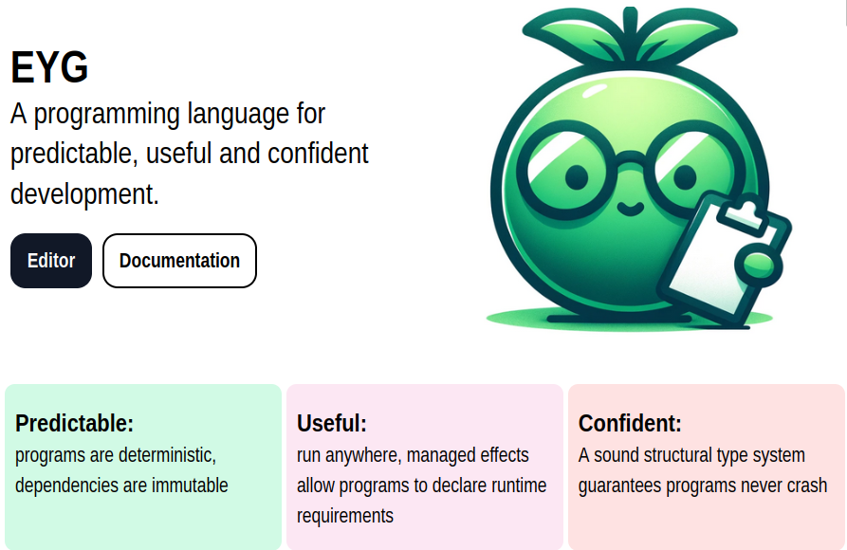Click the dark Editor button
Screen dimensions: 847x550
pos(51,261)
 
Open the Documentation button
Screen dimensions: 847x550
pos(179,261)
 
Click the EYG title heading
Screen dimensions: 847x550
pos(49,67)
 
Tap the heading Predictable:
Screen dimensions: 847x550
pos(74,423)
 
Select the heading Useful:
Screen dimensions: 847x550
pos(332,423)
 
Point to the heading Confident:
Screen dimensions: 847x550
pos(630,423)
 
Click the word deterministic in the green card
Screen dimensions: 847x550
pos(167,455)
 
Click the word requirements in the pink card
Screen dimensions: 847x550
pos(345,516)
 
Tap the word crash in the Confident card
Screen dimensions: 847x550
pos(806,486)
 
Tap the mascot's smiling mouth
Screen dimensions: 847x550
pos(630,209)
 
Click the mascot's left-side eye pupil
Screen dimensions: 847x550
pos(577,177)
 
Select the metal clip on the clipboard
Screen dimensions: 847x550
pos(742,214)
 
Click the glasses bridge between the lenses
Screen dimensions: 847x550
pos(631,159)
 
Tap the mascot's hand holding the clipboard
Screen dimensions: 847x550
pos(759,265)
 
